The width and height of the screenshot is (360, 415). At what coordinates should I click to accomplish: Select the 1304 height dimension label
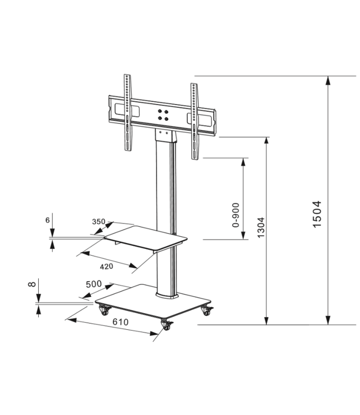point(261,227)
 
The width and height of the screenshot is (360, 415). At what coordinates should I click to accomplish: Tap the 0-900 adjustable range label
point(236,215)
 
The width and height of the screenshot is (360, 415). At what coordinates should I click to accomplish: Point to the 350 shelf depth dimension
point(98,222)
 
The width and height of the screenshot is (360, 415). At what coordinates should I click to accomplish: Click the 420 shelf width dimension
point(106,266)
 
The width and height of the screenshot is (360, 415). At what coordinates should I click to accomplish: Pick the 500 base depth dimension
point(93,284)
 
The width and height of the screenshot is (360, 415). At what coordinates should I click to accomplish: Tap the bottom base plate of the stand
point(152,303)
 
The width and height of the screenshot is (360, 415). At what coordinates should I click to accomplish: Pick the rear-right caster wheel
point(208,311)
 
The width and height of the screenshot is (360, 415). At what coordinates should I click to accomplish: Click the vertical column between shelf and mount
point(166,183)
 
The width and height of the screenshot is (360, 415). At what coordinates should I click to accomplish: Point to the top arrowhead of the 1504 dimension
point(329,80)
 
